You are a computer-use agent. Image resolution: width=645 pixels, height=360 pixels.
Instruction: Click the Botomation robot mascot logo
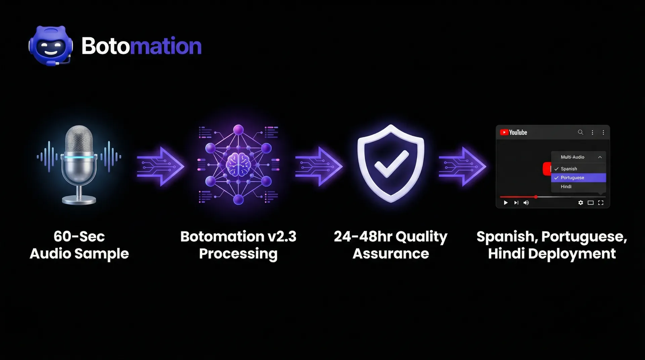coord(51,46)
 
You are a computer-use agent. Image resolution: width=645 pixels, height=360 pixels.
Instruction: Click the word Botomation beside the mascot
coord(141,46)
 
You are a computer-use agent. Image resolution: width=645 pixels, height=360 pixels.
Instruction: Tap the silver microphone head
coord(79,139)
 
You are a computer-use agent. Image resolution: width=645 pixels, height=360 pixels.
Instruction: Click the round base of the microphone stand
coord(79,200)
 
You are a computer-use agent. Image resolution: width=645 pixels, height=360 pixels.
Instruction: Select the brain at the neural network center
coord(238,164)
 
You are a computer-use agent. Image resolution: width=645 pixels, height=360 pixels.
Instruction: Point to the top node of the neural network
coord(238,130)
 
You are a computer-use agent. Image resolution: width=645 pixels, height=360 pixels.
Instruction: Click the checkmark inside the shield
coord(391,164)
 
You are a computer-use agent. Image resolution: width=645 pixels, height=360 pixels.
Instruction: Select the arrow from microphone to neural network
coord(161,166)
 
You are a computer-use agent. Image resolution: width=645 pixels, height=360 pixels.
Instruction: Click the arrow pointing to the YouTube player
coord(462,166)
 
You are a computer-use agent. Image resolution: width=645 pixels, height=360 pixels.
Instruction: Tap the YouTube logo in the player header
coord(514,132)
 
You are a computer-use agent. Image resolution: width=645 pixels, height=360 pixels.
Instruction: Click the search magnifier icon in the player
coord(580,132)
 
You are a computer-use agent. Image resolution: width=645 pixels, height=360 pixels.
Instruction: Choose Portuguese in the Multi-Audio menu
coord(572,178)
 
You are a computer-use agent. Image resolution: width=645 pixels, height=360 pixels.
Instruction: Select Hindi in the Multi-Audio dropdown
coord(566,187)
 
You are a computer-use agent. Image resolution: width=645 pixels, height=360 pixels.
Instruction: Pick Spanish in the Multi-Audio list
coord(569,169)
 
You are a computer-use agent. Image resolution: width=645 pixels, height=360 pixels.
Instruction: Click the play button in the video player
coord(506,203)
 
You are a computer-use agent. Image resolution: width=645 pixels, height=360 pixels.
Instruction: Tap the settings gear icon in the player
coord(580,203)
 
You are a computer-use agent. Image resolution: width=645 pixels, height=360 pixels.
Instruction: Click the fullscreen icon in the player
coord(601,203)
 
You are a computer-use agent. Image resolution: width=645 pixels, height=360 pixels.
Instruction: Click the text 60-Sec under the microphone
coord(79,237)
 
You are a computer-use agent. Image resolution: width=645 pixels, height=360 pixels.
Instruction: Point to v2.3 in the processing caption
coord(282,237)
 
